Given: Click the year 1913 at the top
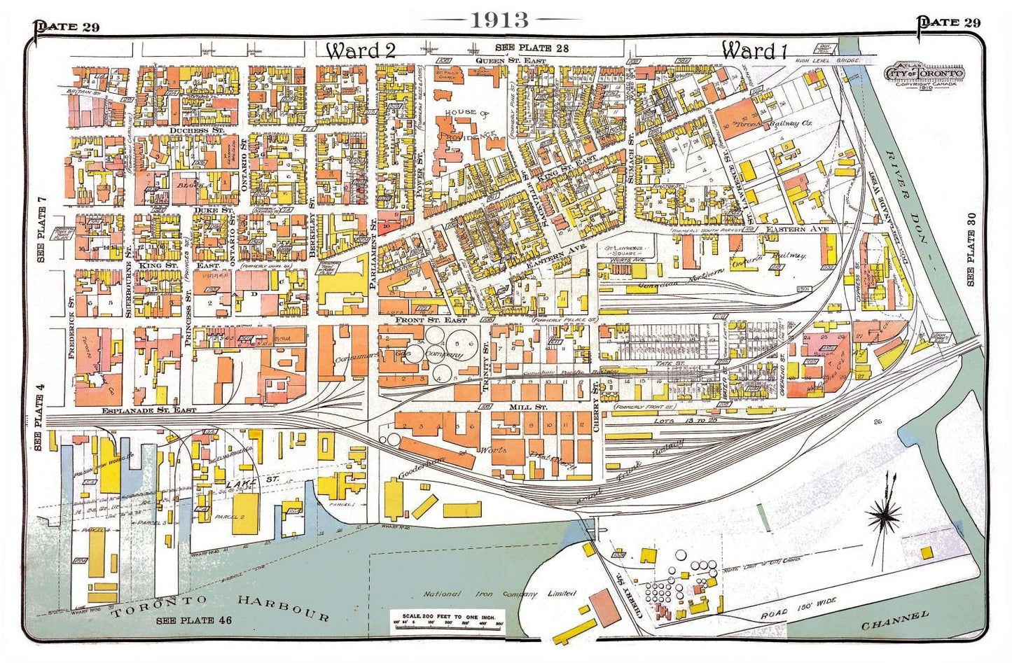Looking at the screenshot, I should click(499, 20).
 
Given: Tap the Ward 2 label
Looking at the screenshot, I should click(361, 50).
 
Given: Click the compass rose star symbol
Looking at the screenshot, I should click(884, 517).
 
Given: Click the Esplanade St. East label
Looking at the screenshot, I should click(148, 410).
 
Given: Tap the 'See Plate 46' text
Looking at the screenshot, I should click(193, 620).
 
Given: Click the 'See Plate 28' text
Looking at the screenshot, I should click(532, 48).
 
